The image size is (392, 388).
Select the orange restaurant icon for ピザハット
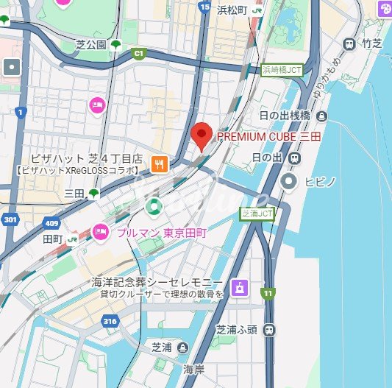pos(157,163)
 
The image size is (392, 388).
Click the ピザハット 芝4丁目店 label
pos(85,158)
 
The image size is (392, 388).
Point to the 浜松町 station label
pos(232,10)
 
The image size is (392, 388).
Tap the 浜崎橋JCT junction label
pos(282,70)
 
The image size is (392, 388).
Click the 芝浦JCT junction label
pos(257,214)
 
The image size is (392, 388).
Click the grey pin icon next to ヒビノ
pos(290,180)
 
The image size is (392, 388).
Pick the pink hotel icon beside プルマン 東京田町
pos(100,233)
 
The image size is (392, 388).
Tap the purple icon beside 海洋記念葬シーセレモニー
pos(238,287)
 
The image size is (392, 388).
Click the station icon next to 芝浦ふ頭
pos(270,330)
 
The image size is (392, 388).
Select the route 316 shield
pos(110,320)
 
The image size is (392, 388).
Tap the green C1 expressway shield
pos(138,53)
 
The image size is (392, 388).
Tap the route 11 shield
pos(268,293)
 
